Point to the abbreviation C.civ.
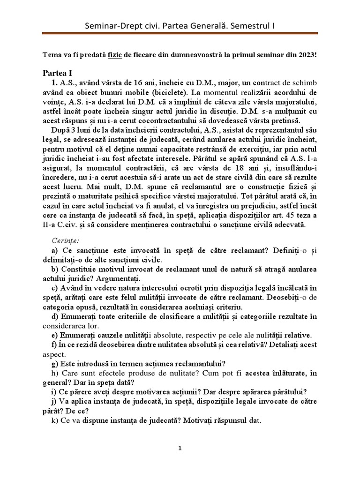(x=68, y=225)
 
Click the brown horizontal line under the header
(x=180, y=34)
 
